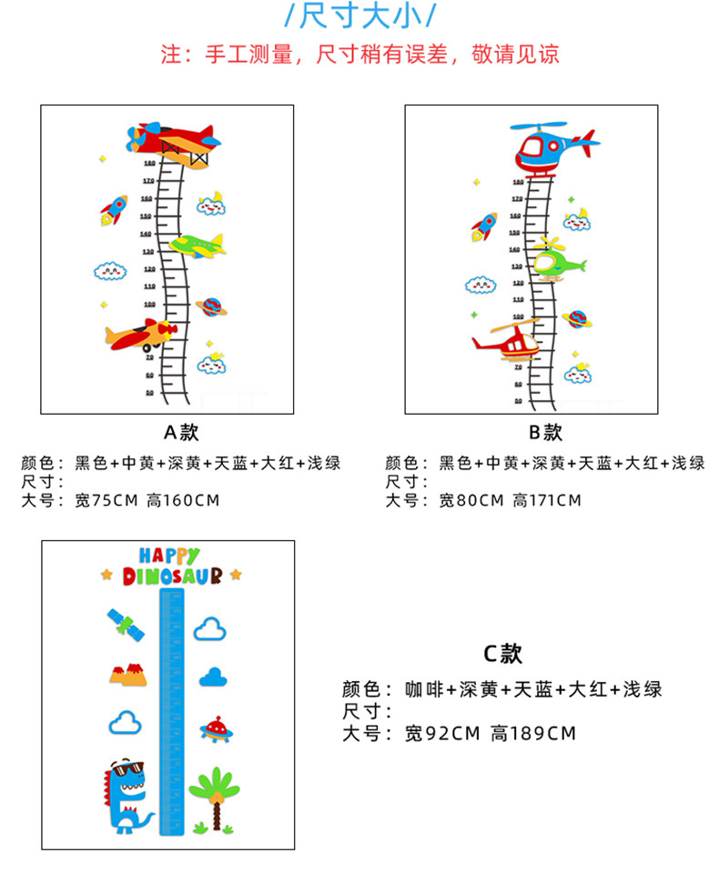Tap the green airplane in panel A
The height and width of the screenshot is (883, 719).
pyautogui.click(x=197, y=246)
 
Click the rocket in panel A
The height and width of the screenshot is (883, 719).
pyautogui.click(x=113, y=211)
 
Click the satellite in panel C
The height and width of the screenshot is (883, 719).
pyautogui.click(x=124, y=624)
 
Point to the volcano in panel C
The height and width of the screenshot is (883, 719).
pyautogui.click(x=127, y=675)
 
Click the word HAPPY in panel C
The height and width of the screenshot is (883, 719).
pyautogui.click(x=169, y=555)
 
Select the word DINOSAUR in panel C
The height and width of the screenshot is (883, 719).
pyautogui.click(x=172, y=576)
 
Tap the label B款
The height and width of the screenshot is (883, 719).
pyautogui.click(x=545, y=432)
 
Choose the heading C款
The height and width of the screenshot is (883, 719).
pyautogui.click(x=501, y=653)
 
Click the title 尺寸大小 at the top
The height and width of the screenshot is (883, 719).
pyautogui.click(x=360, y=17)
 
